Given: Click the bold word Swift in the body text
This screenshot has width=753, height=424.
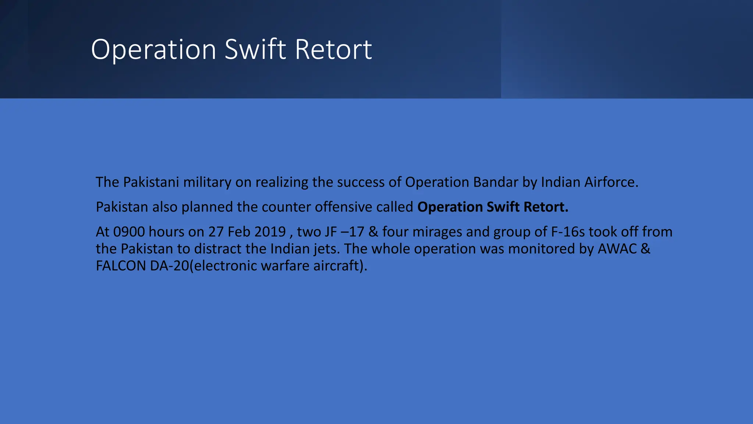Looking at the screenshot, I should [503, 207].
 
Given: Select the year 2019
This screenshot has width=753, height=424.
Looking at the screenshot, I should [270, 232].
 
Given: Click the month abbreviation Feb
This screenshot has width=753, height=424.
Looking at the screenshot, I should [239, 232].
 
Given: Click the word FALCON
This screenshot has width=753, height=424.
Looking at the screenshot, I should [121, 266].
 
